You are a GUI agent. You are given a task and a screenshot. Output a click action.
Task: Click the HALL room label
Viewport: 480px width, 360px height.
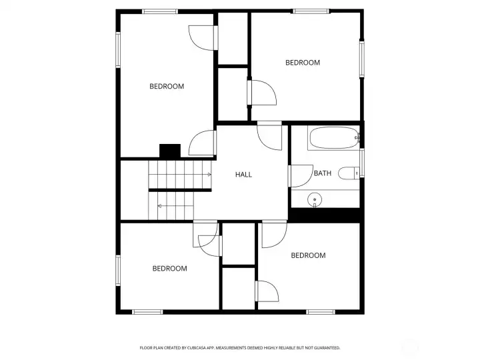[243, 175]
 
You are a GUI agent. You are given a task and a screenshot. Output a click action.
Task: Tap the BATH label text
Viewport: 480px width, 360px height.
[323, 173]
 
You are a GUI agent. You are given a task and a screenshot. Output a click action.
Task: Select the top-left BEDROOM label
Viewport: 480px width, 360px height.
[167, 86]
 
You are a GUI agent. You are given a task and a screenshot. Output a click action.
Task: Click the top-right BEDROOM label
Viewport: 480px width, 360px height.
[303, 63]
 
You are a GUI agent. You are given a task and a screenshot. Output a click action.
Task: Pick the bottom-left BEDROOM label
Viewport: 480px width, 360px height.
[169, 269]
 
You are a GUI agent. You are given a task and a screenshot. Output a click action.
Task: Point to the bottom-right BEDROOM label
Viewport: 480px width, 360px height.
[308, 255]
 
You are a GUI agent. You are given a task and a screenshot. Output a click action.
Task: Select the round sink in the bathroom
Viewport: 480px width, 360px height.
[315, 199]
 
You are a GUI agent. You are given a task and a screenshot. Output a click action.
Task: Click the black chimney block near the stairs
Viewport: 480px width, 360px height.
[170, 151]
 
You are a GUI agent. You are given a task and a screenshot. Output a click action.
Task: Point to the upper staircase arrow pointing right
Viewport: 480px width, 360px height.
[209, 175]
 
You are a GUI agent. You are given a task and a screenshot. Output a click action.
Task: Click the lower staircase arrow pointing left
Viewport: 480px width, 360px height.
[161, 207]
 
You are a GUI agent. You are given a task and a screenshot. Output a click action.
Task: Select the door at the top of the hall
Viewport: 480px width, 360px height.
[271, 136]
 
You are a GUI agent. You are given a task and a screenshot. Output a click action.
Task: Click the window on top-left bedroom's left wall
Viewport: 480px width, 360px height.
[118, 50]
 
